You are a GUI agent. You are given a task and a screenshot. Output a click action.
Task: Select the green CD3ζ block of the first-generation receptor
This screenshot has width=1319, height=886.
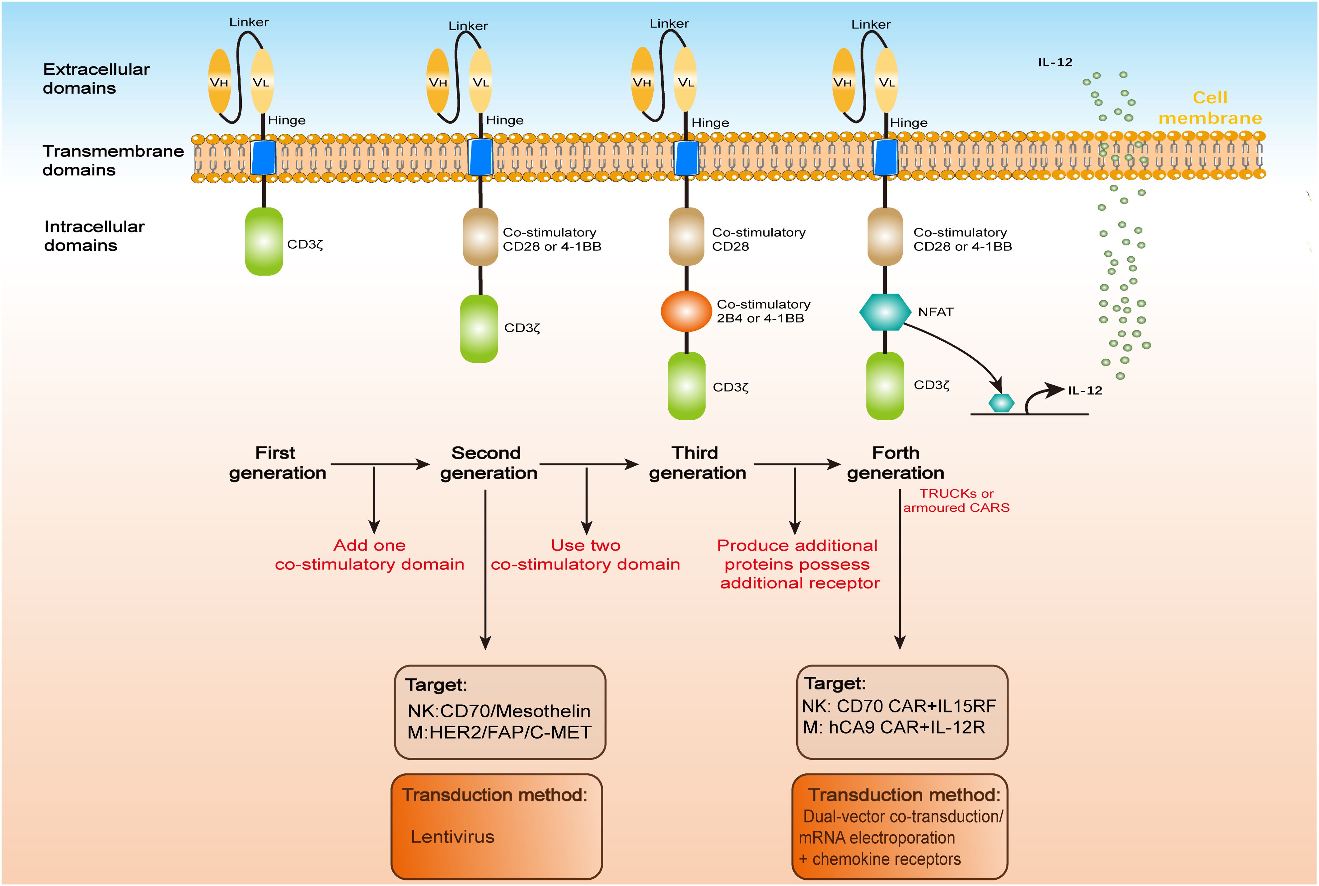tap(264, 242)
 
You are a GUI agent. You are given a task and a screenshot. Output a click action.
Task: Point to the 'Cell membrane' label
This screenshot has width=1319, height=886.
tap(1210, 108)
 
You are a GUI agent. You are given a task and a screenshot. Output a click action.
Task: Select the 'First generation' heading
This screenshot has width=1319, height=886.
tap(277, 463)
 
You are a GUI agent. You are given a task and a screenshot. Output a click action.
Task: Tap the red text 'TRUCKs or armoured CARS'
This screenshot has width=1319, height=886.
tap(956, 501)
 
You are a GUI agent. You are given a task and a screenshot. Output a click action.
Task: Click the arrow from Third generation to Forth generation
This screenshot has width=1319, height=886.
tap(797, 464)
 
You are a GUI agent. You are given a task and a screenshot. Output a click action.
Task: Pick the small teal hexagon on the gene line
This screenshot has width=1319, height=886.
tap(1001, 403)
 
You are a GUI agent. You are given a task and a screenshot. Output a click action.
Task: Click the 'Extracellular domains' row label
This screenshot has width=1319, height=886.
tap(96, 78)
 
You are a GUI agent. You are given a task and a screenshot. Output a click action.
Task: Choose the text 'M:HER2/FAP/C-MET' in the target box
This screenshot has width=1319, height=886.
tap(499, 732)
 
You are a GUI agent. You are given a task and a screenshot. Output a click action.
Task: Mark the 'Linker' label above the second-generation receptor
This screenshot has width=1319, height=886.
tap(468, 26)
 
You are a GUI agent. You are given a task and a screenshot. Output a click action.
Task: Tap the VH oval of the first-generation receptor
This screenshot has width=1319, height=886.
tap(219, 82)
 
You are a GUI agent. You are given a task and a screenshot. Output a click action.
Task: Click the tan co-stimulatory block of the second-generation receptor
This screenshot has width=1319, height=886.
tap(480, 237)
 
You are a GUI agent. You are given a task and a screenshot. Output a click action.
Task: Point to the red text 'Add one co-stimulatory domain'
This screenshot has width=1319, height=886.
tap(370, 555)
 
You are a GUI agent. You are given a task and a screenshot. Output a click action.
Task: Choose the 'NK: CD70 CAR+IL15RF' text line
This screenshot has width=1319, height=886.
tap(899, 706)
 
